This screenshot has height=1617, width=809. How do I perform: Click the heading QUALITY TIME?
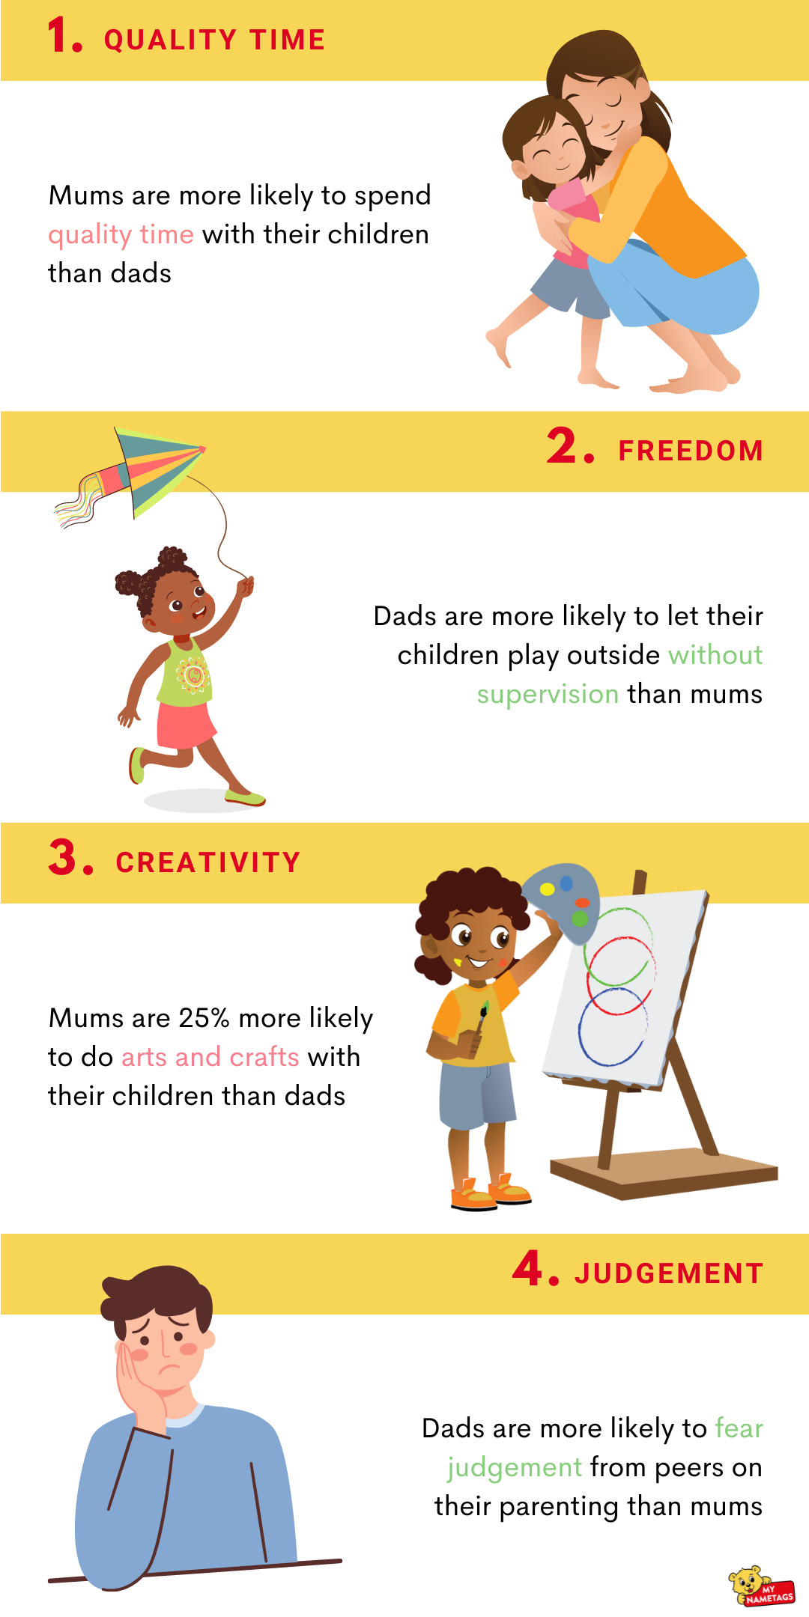[x=214, y=40]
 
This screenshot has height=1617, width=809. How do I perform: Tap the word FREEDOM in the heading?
[x=691, y=451]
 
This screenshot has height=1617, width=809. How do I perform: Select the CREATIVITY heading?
[x=208, y=862]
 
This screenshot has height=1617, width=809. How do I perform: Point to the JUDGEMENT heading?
[x=669, y=1273]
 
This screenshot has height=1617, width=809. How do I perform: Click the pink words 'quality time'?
[x=121, y=235]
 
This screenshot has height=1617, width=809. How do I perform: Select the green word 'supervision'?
[x=548, y=694]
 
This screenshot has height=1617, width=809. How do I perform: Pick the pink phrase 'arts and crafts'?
[x=210, y=1056]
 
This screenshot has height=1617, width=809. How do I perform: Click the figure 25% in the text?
[x=204, y=1018]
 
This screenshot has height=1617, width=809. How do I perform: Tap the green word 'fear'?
[x=739, y=1428]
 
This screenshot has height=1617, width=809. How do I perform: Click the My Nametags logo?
[x=760, y=1586]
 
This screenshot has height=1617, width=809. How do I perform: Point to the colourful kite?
[x=142, y=472]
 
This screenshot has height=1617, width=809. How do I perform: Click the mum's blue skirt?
[x=674, y=288]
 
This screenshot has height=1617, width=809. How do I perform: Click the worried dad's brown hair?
[x=157, y=1294]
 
